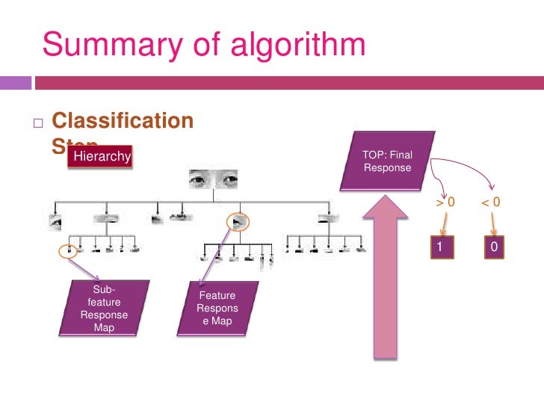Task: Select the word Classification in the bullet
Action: tap(123, 121)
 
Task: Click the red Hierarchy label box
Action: tap(100, 156)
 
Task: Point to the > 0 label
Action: tap(445, 202)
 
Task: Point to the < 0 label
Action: tap(490, 202)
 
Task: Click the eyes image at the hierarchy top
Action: tap(214, 179)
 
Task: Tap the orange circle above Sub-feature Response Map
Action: tap(68, 249)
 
